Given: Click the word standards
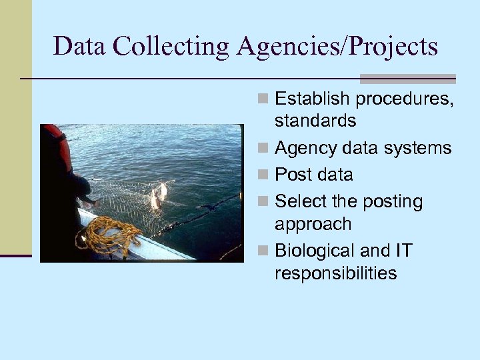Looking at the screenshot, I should [315, 121].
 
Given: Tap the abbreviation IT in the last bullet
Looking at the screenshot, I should [403, 251].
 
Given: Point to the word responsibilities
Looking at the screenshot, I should [335, 273].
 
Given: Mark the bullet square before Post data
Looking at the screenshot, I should [263, 175].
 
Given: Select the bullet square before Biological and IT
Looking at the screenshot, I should [263, 251].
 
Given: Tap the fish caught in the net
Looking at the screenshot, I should [158, 196].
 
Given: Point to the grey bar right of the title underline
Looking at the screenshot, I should [407, 79].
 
